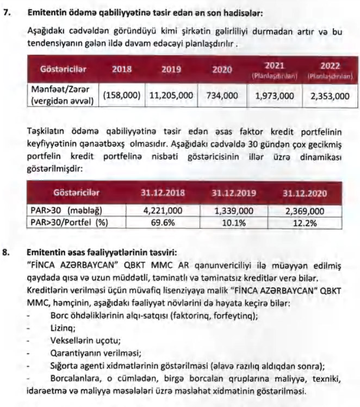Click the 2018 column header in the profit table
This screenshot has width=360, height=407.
122,70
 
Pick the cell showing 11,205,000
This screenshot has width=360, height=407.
171,95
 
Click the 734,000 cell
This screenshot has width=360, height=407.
222,95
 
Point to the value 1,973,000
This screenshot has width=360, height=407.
275,95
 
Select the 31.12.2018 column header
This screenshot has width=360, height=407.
163,192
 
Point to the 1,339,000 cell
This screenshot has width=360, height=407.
235,211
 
